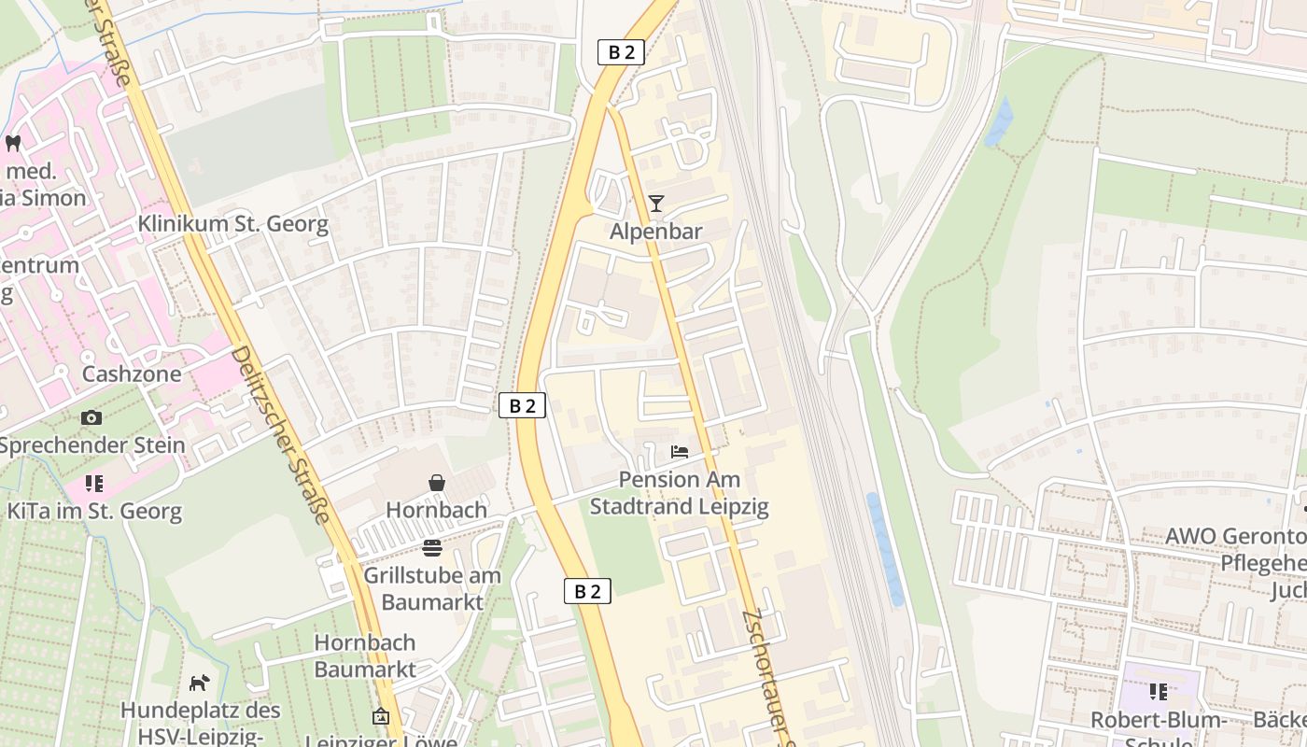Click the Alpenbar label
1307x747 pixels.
[655, 231]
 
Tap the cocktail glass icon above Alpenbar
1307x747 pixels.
[656, 203]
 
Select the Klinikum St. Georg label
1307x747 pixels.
[233, 224]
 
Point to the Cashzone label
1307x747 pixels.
[132, 373]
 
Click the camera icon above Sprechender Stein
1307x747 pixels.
[91, 417]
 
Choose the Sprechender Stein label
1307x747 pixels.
[92, 444]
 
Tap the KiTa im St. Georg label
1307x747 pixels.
[94, 511]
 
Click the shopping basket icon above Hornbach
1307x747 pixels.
[436, 483]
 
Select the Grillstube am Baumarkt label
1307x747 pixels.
[431, 588]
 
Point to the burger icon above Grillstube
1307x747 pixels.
[431, 547]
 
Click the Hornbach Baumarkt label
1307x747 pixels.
[365, 655]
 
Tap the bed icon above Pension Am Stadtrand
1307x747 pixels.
[680, 452]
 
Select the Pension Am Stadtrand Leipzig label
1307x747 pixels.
[679, 493]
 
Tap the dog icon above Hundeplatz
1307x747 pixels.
[199, 683]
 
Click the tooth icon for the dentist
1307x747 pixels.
[13, 143]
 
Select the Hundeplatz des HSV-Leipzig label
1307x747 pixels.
[200, 723]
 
